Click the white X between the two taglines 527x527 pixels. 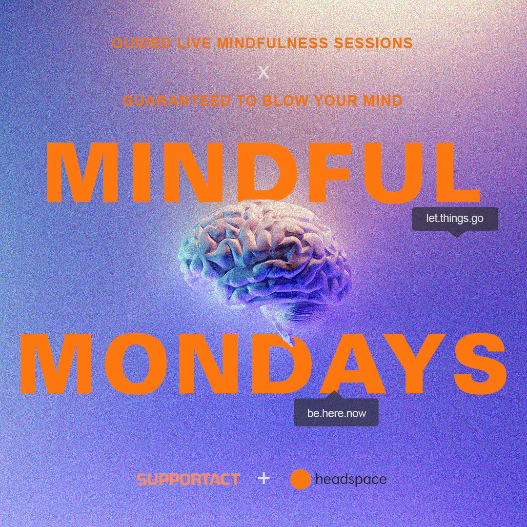(263, 73)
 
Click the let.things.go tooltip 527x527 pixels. (455, 219)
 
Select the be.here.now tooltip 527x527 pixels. (336, 413)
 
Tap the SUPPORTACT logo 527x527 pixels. (188, 479)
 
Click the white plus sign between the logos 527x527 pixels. (263, 479)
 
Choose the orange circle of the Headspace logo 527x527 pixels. (301, 479)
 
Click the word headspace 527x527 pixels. (351, 480)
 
